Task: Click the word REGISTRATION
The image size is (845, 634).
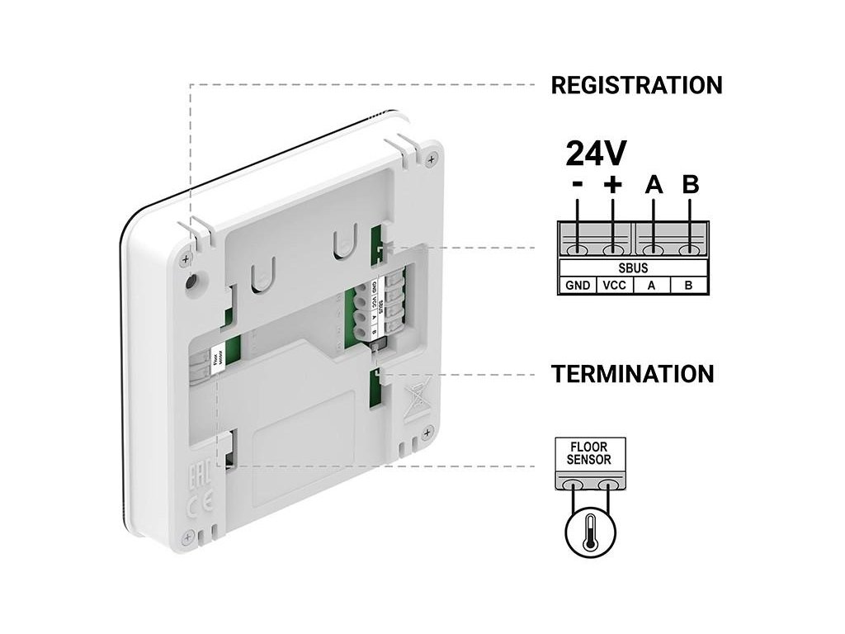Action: point(635,85)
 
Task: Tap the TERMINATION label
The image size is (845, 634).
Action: point(632,373)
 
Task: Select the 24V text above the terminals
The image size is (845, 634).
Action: point(595,153)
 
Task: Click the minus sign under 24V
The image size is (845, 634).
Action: point(577,185)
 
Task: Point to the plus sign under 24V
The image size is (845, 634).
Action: point(612,185)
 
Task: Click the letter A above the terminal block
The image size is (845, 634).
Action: point(654,185)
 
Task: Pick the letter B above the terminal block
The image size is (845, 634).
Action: point(690,185)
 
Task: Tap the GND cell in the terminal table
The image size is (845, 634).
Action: point(578,286)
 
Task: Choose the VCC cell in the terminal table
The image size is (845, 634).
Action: point(614,286)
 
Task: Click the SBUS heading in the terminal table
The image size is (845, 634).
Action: point(633,268)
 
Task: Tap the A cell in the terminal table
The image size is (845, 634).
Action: point(652,286)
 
